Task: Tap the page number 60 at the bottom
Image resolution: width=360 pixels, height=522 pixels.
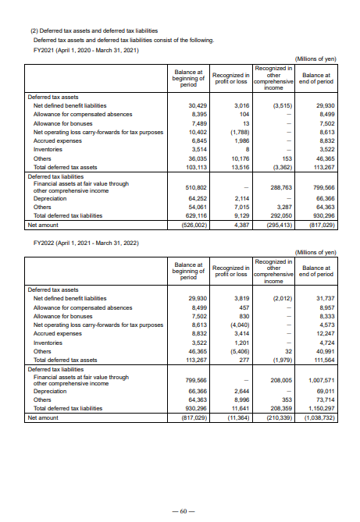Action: (x=181, y=511)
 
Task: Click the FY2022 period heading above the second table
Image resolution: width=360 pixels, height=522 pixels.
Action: (x=86, y=243)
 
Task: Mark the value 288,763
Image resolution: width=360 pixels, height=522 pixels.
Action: (x=278, y=188)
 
